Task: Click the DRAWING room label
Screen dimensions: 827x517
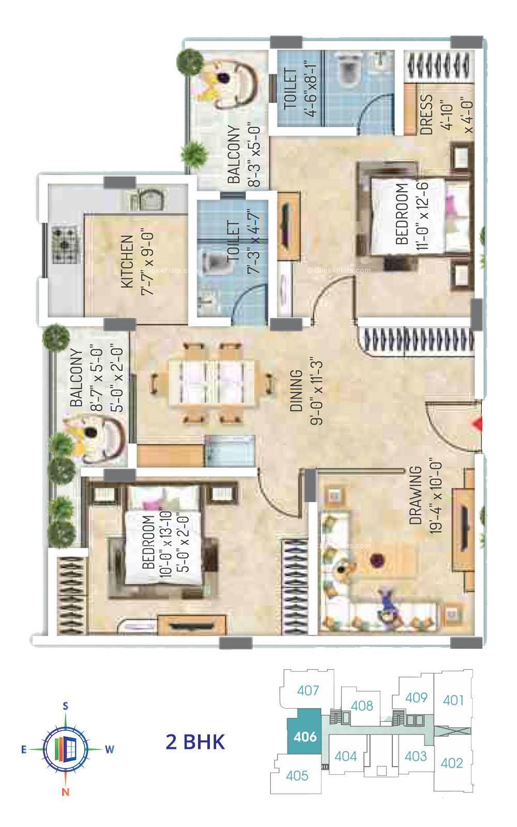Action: pos(415,496)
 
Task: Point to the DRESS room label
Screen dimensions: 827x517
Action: pos(427,115)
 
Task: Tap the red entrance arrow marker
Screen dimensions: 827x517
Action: pos(478,424)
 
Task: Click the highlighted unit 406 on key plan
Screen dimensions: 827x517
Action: pos(305,736)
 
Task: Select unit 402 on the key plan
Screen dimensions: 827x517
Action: pos(452,762)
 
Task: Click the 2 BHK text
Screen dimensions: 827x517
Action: pos(195,742)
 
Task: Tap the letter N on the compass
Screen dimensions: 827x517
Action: pos(66,791)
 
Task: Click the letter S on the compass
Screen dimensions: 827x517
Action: pos(66,706)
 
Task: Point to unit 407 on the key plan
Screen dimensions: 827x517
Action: pos(309,690)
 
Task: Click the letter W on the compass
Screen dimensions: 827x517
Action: pos(110,749)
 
